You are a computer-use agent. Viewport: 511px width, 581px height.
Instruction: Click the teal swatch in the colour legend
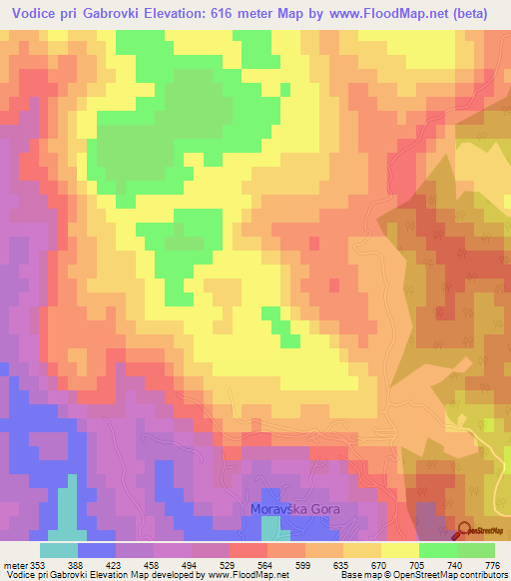[59, 550]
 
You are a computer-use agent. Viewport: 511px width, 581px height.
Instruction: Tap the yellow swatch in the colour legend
[400, 550]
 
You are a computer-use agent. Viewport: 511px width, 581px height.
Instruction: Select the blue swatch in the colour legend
[97, 550]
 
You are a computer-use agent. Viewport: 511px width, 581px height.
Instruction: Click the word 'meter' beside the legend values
[15, 565]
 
